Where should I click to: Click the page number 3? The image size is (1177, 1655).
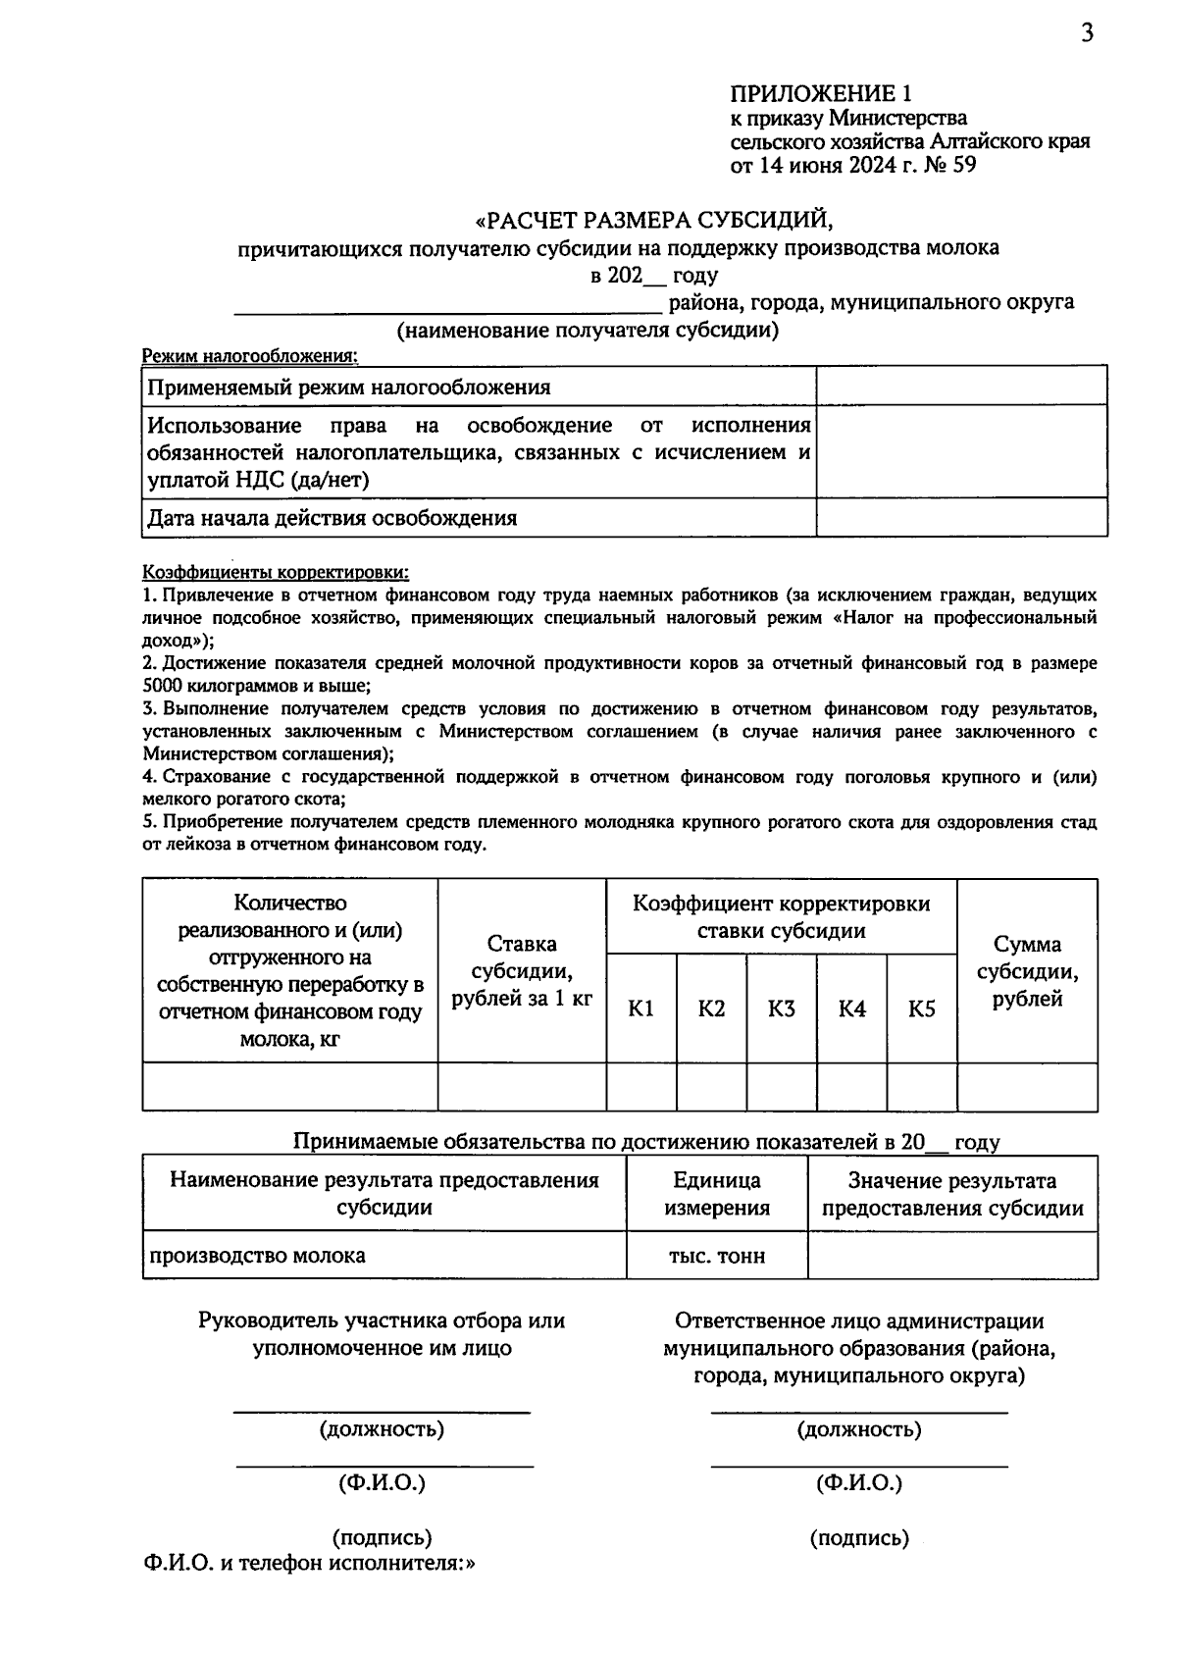pos(1086,34)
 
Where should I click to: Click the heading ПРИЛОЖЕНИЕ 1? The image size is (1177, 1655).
pos(821,93)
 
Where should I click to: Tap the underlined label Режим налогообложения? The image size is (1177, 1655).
pos(250,355)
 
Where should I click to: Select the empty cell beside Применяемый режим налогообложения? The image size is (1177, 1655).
pos(961,386)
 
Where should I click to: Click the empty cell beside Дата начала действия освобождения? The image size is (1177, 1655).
pos(961,517)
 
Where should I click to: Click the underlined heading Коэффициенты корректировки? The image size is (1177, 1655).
pos(276,572)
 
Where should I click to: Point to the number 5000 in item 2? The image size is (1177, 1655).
pos(163,686)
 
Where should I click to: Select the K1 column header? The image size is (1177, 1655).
pos(641,1009)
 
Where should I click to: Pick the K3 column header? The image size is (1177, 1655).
pos(782,1009)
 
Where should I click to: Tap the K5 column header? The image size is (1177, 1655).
pos(922,1009)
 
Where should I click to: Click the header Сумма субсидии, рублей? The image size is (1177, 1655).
pos(1027,971)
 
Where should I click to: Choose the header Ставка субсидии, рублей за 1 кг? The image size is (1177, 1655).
pos(522,971)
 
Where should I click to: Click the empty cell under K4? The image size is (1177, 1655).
pos(851,1086)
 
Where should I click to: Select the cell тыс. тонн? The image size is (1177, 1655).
pos(717,1256)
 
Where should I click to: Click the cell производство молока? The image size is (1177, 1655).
pos(257,1256)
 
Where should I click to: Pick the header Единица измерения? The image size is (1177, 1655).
pos(717,1194)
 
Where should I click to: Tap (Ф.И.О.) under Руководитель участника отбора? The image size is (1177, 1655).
pos(383,1483)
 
